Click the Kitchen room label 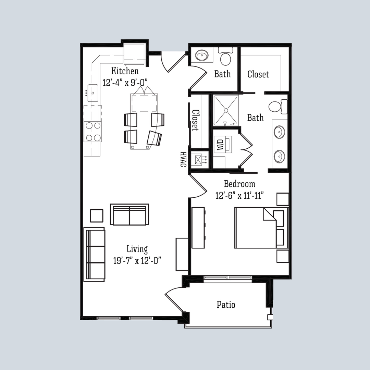click(x=125, y=71)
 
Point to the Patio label click(x=226, y=304)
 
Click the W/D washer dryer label click(x=220, y=144)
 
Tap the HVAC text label click(x=183, y=159)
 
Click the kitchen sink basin click(x=93, y=92)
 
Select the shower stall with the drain click(x=226, y=110)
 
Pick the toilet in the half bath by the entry click(x=225, y=57)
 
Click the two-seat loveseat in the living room click(x=129, y=214)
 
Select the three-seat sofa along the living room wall click(x=94, y=254)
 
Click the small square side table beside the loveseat click(x=97, y=215)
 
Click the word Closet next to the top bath click(x=258, y=74)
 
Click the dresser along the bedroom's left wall click(x=198, y=227)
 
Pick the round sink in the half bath click(x=202, y=54)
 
